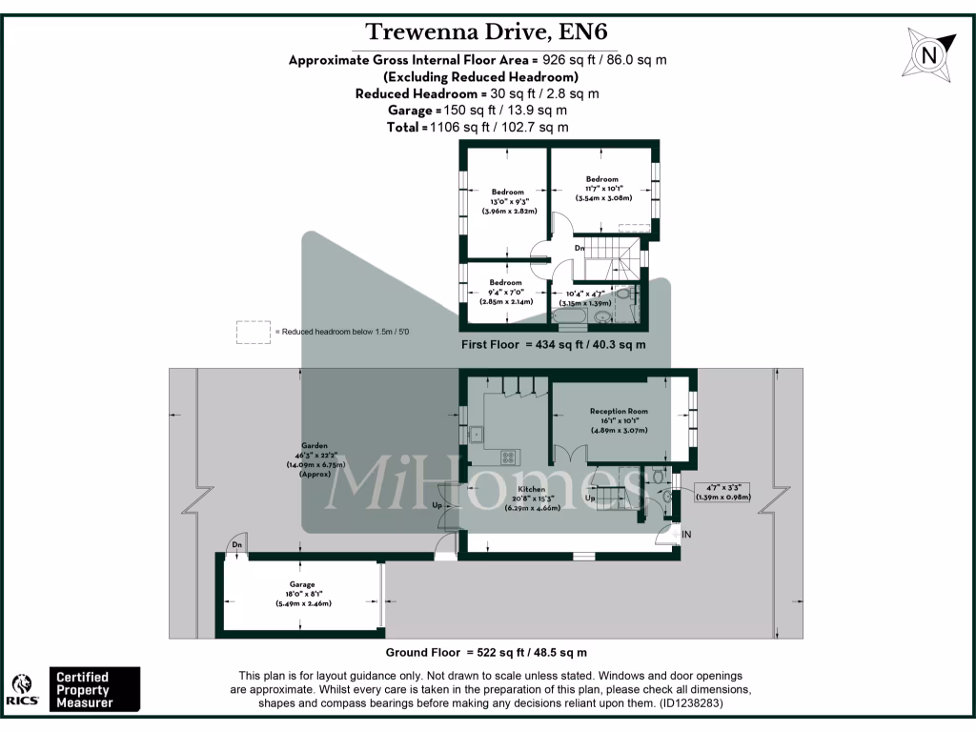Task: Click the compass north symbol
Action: click(x=926, y=54)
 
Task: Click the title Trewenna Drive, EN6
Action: click(x=485, y=31)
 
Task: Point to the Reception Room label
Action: click(x=619, y=411)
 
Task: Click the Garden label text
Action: click(x=315, y=445)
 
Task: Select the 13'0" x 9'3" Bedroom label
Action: click(x=506, y=193)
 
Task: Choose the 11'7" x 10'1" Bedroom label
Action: click(x=601, y=179)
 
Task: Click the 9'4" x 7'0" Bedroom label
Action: click(x=505, y=282)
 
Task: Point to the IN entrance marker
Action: click(x=685, y=535)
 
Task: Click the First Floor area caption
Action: click(x=553, y=345)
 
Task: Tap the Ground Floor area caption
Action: click(x=486, y=653)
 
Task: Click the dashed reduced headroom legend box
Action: click(x=254, y=332)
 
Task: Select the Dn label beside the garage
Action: click(x=236, y=545)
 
